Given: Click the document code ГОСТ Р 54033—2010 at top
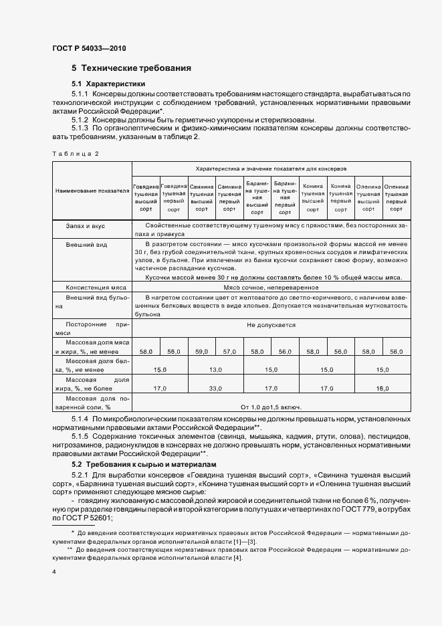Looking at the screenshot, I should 89,49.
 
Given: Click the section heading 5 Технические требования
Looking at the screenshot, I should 132,68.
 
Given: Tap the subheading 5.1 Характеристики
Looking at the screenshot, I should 108,84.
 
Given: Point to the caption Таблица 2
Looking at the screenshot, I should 75,154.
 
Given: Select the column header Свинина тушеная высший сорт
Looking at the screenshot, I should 201,194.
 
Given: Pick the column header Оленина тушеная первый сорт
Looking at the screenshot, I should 396,194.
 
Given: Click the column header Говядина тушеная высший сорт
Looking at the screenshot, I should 146,194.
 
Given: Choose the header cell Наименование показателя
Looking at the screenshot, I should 92,191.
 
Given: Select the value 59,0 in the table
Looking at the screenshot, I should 201,351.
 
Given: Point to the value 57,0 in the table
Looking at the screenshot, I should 229,351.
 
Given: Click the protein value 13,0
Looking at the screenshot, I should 215,369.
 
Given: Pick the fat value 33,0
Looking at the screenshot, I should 215,388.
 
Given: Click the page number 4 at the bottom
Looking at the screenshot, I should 53,572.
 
